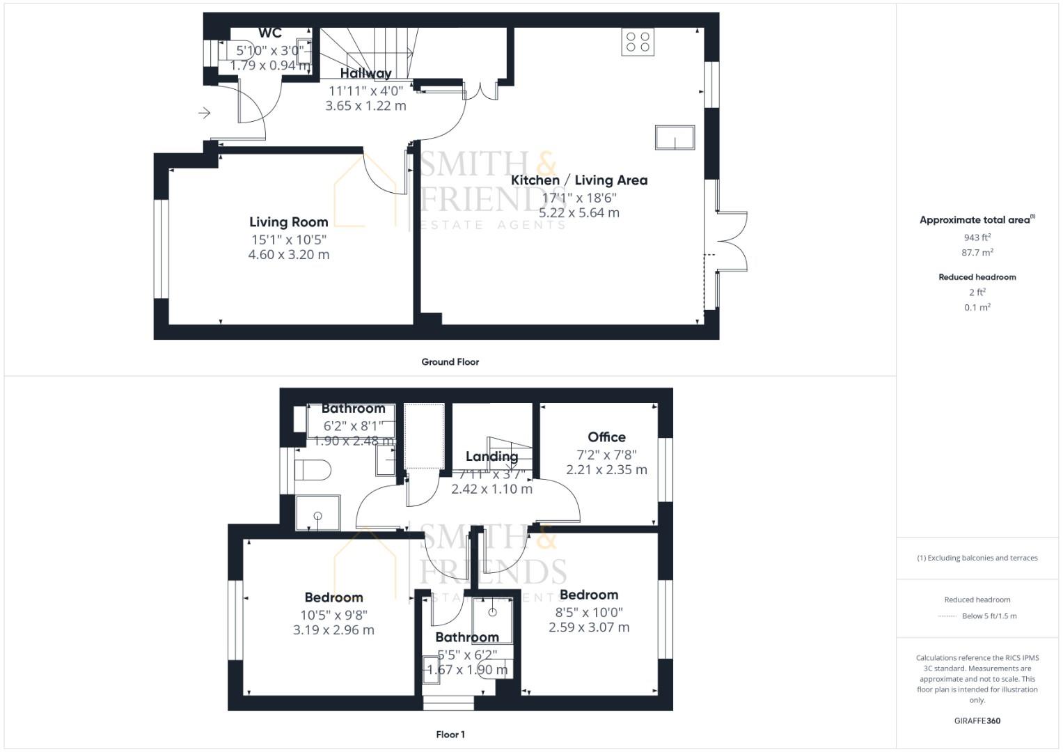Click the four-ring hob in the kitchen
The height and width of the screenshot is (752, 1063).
[x=638, y=42]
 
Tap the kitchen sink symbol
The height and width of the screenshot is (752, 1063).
[x=675, y=137]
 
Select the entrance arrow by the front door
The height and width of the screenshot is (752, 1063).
[x=204, y=113]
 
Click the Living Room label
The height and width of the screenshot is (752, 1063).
[x=289, y=222]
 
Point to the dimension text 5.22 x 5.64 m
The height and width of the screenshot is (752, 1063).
[x=579, y=213]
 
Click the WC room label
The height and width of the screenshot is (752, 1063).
[x=270, y=33]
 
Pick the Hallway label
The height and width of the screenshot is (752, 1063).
[x=365, y=73]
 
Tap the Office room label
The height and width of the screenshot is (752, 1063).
[x=606, y=437]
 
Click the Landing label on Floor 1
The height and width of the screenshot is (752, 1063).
[x=491, y=457]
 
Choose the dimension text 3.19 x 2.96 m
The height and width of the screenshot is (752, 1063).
[x=333, y=630]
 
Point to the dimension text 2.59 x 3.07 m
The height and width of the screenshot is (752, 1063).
[x=589, y=627]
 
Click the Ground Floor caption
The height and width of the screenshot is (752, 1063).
[x=450, y=362]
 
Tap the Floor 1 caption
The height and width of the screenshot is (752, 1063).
[x=450, y=735]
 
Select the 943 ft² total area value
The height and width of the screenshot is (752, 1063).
[x=977, y=237]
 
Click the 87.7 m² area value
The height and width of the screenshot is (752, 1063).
[x=977, y=253]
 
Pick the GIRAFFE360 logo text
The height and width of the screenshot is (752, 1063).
[x=977, y=721]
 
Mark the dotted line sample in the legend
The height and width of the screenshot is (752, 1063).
[x=947, y=616]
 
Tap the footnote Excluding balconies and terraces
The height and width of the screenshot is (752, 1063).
[x=977, y=558]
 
